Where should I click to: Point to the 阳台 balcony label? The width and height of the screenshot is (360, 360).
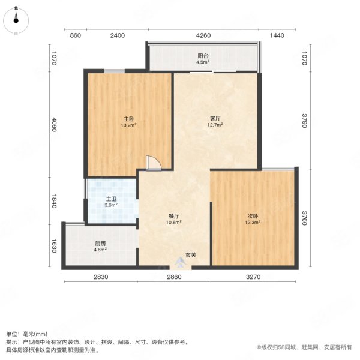click(x=203, y=56)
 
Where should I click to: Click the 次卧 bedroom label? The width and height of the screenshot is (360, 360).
click(x=253, y=216)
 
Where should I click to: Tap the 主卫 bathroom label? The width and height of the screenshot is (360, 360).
click(x=111, y=199)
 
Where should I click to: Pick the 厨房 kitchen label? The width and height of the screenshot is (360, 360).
click(x=101, y=243)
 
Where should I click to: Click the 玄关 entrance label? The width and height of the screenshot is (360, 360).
click(x=190, y=255)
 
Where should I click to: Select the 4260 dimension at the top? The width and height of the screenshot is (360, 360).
click(x=203, y=36)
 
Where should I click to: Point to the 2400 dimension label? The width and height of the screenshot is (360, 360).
click(x=117, y=36)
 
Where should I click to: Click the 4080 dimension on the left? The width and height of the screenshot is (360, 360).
click(x=54, y=124)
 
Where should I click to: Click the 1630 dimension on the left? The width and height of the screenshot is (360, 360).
click(x=54, y=246)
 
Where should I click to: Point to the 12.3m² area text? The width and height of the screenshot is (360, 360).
click(x=253, y=223)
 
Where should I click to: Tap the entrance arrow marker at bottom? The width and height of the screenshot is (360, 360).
click(x=181, y=262)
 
